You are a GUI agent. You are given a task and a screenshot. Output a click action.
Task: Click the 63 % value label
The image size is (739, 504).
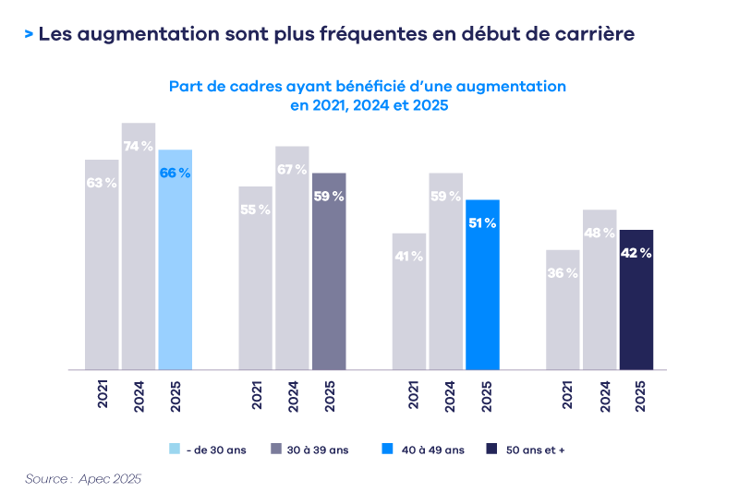[x=102, y=183]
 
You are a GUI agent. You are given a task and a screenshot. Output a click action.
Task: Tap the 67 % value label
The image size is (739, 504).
[x=292, y=170]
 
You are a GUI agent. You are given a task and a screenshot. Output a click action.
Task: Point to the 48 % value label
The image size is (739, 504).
[x=599, y=234]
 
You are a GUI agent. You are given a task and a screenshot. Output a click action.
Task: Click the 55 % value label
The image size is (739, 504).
[x=255, y=210]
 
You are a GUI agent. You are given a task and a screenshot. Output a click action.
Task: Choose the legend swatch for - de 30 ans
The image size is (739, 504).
[x=175, y=450]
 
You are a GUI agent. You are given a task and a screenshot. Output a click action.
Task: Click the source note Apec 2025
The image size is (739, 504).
[x=110, y=479]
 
